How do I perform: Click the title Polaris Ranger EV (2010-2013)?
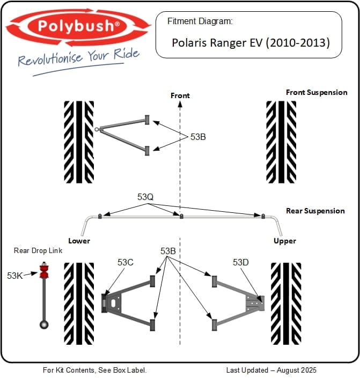click(251, 42)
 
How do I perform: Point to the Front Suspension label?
click(317, 92)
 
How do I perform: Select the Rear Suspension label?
click(315, 211)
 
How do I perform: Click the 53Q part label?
click(145, 197)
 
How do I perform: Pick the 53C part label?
click(126, 262)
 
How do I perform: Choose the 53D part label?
click(240, 262)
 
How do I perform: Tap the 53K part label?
click(14, 275)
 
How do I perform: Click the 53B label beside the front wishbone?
click(198, 137)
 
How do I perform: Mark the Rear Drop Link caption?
click(38, 250)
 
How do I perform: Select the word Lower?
click(78, 241)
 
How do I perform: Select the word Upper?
click(284, 241)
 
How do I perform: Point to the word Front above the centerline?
click(180, 95)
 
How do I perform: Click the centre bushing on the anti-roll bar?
click(181, 216)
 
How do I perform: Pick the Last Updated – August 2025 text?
click(271, 370)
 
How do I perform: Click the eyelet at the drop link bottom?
click(44, 324)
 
